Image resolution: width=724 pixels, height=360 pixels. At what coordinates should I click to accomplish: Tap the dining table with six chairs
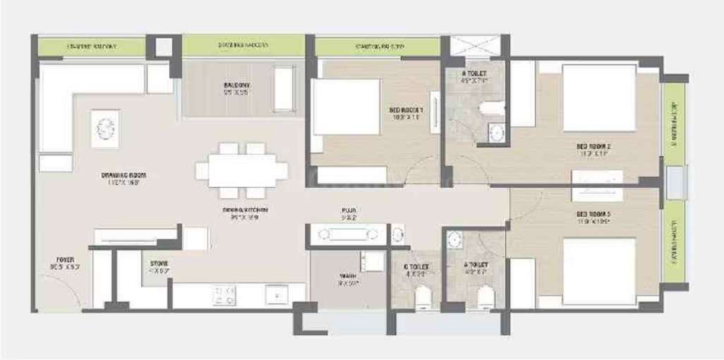(x=242, y=171)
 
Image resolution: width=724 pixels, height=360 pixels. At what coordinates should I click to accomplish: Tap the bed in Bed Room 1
(x=346, y=107)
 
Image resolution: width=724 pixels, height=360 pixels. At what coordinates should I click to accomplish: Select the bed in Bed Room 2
(x=599, y=97)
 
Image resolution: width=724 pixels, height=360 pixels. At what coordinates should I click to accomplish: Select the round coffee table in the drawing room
(x=105, y=128)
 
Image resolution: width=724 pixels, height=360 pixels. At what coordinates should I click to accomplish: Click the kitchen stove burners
(x=224, y=294)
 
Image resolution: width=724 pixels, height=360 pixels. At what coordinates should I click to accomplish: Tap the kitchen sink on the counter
(x=276, y=294)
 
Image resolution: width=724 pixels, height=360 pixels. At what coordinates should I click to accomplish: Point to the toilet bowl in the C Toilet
(x=423, y=298)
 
